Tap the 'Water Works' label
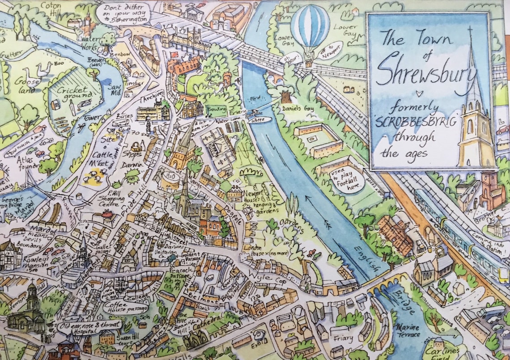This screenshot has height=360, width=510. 90,42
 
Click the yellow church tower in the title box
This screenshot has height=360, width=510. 475,134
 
